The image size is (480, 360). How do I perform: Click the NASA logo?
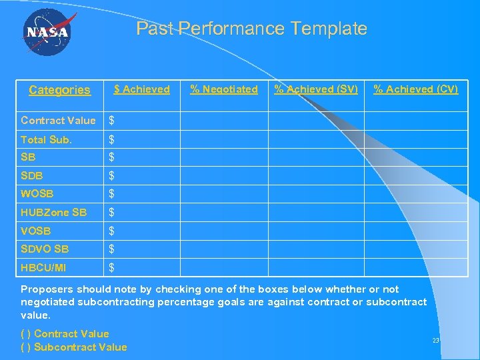47,33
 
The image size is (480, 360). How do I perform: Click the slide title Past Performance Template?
251,29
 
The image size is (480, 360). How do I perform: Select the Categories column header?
59,90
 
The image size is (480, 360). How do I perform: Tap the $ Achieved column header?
141,89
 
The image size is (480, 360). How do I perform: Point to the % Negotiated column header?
224,89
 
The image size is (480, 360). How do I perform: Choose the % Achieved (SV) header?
316,89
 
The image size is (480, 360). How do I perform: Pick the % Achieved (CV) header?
415,89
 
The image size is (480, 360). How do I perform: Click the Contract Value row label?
58,121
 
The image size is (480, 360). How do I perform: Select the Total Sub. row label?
46,139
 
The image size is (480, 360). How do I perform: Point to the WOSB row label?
37,194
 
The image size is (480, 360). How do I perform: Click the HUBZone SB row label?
54,213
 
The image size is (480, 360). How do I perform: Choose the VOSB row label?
36,231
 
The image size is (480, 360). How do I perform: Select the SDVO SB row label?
45,249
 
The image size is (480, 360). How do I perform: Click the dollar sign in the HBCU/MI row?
112,268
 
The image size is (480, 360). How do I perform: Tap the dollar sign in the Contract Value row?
112,121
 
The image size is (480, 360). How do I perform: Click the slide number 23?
436,341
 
